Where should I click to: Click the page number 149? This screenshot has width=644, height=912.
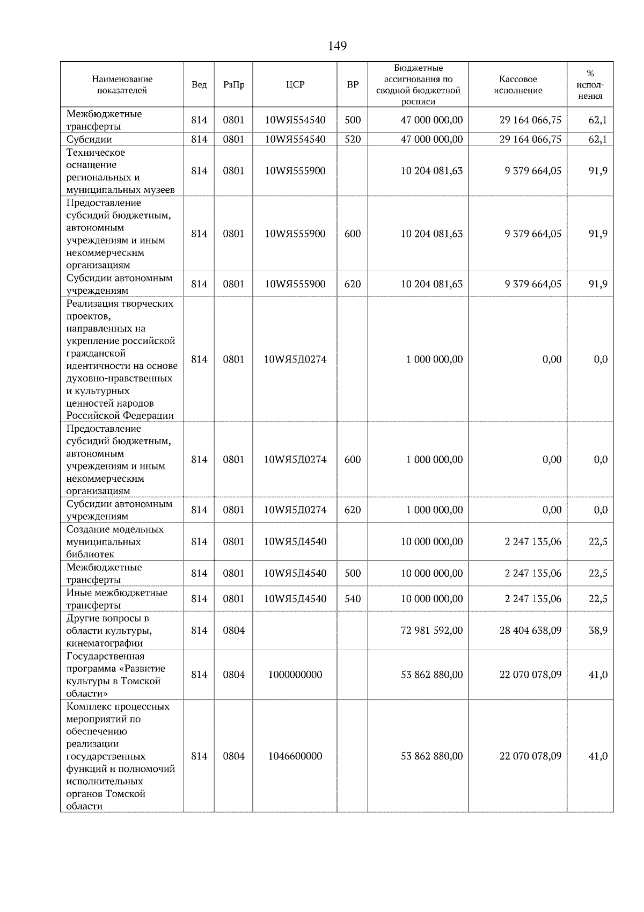pos(337,46)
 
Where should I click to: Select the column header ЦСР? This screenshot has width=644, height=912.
pos(295,85)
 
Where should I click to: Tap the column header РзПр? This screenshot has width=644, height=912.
pos(233,85)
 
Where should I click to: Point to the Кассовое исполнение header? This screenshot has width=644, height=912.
pos(517,85)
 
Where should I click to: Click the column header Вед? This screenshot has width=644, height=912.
pos(199,85)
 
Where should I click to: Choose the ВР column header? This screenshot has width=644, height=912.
pos(353,85)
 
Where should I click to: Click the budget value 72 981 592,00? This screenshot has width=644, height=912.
pos(431,631)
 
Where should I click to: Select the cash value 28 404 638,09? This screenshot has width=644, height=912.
pos(530,631)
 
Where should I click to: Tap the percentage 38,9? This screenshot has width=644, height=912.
pos(598,631)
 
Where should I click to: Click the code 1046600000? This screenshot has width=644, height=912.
pos(295,756)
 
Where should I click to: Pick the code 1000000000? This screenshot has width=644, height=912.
pos(295,675)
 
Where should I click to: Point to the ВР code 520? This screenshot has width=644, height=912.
pos(353,139)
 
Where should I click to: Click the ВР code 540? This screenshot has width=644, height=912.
pos(353,599)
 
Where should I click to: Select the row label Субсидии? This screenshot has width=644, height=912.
pos(89,140)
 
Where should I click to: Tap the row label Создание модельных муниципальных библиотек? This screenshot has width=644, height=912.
pos(115,542)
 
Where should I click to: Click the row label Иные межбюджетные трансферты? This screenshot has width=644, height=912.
pos(116,599)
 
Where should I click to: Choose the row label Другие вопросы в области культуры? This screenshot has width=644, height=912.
pos(107,631)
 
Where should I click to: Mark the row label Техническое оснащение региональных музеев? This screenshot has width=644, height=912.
pos(120,171)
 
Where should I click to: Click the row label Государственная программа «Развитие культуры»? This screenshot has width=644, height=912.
pos(115,675)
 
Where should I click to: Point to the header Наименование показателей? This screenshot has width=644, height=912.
pos(122,85)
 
